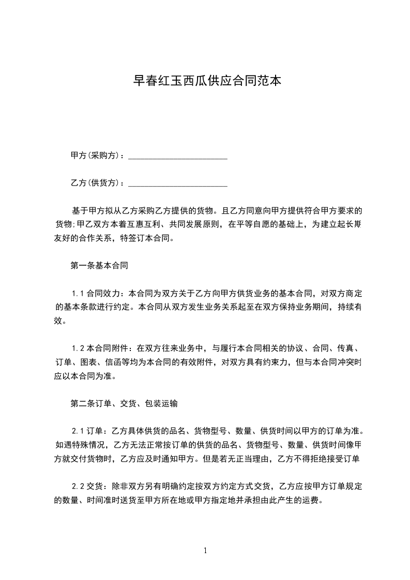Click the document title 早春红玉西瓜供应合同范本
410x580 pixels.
coord(207,81)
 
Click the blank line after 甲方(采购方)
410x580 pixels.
coord(177,156)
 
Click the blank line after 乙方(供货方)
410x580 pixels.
coord(177,183)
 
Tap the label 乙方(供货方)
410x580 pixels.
coord(95,183)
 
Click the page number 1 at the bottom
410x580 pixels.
coord(206,551)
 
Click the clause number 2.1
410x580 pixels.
coord(78,431)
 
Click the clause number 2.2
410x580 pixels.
coord(78,486)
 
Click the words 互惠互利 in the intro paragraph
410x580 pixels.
coord(144,225)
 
